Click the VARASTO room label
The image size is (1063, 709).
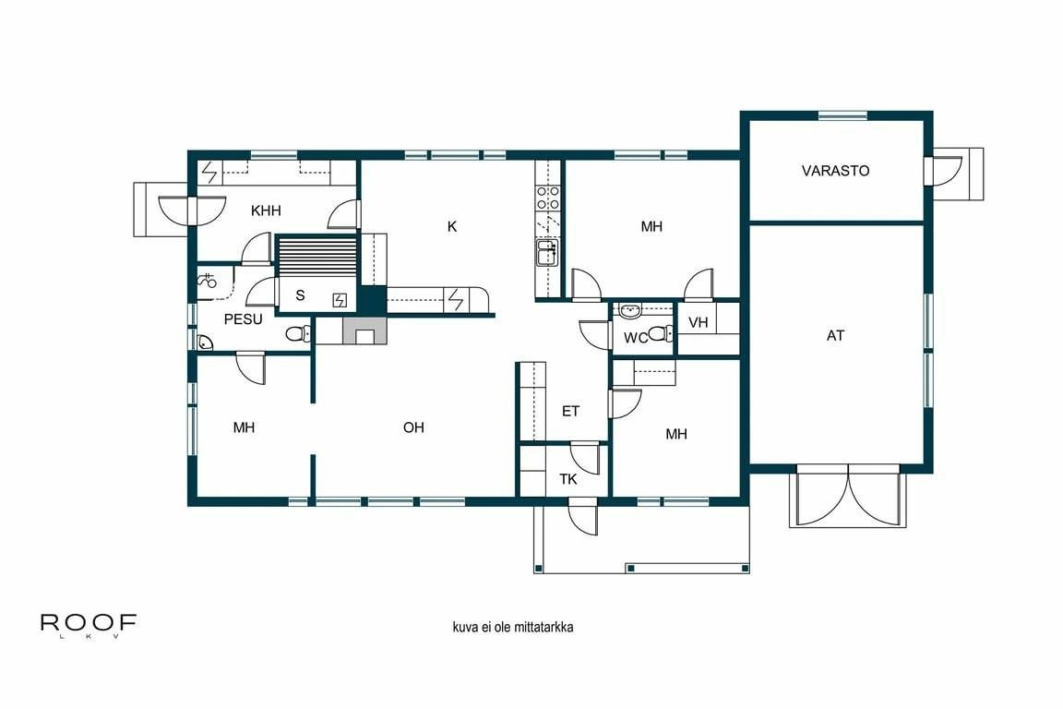(835, 171)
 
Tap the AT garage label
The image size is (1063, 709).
(835, 336)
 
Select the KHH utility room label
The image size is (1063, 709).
(265, 210)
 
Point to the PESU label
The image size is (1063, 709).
(244, 319)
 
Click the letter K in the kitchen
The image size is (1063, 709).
(452, 226)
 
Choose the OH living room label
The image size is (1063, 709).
(413, 427)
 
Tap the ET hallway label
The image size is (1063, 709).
(570, 411)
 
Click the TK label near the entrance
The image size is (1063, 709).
(568, 479)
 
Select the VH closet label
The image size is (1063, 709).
(699, 322)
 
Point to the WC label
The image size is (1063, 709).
(635, 338)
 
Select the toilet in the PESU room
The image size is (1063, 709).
(298, 334)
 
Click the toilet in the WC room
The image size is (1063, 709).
(657, 333)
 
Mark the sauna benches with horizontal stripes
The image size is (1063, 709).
(317, 255)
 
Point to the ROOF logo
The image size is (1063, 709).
(89, 624)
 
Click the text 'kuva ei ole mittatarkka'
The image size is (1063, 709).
(513, 627)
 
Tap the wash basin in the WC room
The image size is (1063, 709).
(631, 310)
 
